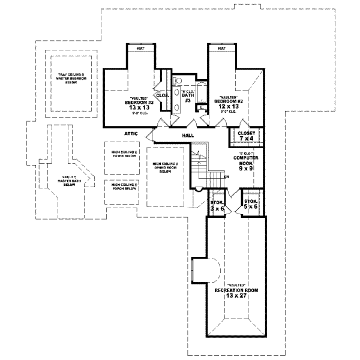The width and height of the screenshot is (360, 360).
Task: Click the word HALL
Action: [187, 136]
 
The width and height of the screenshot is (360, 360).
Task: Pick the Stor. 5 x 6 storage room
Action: [250, 205]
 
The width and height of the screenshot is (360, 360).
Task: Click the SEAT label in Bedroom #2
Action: [221, 47]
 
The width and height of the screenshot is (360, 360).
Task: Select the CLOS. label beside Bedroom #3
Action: [161, 95]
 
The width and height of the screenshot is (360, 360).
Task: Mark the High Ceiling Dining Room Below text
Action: [165, 167]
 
